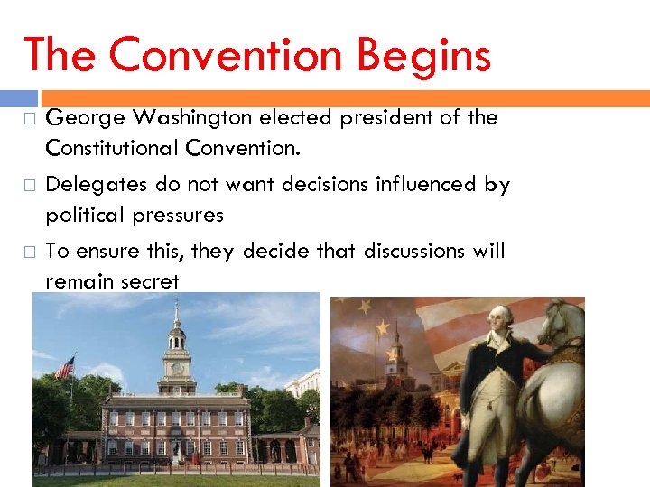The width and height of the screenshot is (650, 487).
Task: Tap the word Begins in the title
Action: pyautogui.click(x=423, y=55)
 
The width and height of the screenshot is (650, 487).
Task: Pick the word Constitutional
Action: pyautogui.click(x=115, y=146)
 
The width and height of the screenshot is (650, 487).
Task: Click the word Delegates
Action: pyautogui.click(x=97, y=185)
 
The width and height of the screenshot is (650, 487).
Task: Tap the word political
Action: pyautogui.click(x=85, y=215)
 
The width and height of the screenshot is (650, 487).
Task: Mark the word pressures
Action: pyautogui.click(x=178, y=215)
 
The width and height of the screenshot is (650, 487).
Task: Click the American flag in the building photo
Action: pyautogui.click(x=65, y=368)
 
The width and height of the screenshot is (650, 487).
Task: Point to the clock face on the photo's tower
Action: pyautogui.click(x=177, y=369)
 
